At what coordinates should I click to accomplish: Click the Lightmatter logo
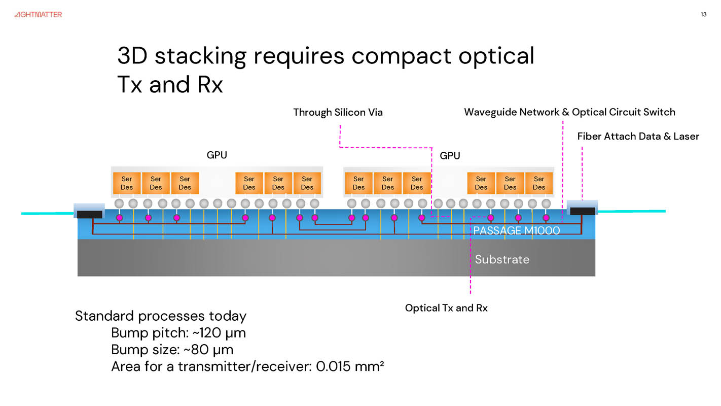coord(38,15)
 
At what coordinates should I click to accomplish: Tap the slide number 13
coord(703,14)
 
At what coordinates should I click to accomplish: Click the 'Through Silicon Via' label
coord(338,112)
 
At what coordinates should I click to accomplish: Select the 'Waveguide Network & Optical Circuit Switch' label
coord(569,112)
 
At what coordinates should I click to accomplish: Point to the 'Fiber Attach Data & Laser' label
coord(638,136)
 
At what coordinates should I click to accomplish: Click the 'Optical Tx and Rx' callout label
coord(446,308)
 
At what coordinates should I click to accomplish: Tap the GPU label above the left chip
coord(217,155)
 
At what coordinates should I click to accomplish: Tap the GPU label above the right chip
coord(450,155)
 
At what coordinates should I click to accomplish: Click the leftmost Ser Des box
coord(127,183)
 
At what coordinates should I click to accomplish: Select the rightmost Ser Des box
coord(539,183)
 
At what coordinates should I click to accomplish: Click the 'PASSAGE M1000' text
coord(516,230)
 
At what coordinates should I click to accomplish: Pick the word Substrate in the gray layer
coord(502,259)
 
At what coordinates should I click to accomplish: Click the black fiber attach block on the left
coord(90,214)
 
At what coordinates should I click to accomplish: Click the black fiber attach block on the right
coord(583,211)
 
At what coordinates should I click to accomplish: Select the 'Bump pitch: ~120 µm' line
coord(178,333)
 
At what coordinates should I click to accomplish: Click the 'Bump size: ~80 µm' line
coord(172,350)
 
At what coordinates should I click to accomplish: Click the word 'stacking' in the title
coord(200,55)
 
